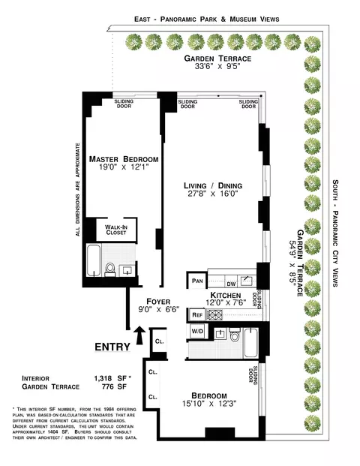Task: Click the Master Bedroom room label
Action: pyautogui.click(x=124, y=160)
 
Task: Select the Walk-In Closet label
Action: pyautogui.click(x=116, y=230)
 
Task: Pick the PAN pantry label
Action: pyautogui.click(x=198, y=281)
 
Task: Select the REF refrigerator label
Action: pyautogui.click(x=197, y=315)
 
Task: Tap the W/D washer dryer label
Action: pyautogui.click(x=198, y=331)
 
